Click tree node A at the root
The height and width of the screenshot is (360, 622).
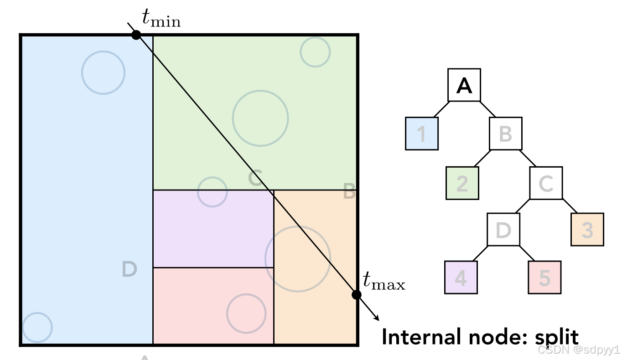pos(464,85)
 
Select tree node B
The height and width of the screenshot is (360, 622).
pos(505,134)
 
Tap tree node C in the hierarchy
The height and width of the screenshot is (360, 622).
pos(546,183)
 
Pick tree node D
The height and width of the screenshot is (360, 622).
pos(503,230)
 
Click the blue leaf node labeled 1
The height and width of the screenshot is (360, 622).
pos(422,134)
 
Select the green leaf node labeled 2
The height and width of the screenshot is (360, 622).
pos(462,183)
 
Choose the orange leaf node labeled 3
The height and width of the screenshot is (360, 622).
pos(587,229)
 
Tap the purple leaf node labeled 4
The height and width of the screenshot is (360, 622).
pos(461,278)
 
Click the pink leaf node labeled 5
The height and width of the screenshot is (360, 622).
pos(544,278)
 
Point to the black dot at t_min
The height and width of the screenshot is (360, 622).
pos(136,35)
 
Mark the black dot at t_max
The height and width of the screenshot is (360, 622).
pos(357,295)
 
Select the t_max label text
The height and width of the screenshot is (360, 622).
pos(384,281)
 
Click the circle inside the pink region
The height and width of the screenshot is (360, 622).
pos(246,313)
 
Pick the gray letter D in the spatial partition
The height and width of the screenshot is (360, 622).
pos(130,270)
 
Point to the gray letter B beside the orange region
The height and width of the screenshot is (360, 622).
pos(349,192)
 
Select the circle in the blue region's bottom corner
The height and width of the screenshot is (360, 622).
pos(37,327)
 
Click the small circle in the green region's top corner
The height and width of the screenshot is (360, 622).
pos(315,52)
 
